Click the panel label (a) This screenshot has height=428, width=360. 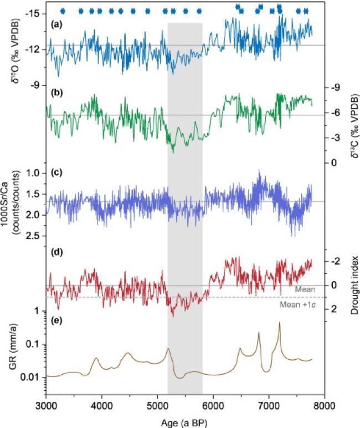55,24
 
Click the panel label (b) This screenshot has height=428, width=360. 55,92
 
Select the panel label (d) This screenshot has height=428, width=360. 55,254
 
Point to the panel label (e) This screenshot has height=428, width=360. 55,320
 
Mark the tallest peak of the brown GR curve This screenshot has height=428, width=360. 279,323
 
